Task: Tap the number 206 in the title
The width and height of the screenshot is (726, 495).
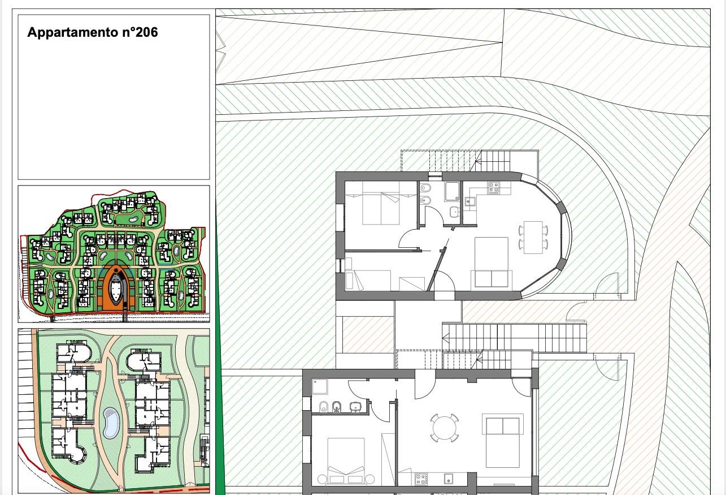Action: coord(146,32)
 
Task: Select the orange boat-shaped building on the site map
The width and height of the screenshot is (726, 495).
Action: coord(116,288)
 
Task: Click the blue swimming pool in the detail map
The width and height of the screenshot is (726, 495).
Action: coord(111,423)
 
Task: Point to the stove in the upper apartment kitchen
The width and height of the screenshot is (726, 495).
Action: coord(494,188)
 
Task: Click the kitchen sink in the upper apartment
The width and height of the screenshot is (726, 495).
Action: coord(469,202)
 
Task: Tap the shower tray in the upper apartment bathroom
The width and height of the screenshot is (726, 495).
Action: coord(453,191)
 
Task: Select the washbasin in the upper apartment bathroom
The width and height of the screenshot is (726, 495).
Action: coord(454,213)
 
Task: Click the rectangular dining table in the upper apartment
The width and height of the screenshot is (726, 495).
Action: coord(533,237)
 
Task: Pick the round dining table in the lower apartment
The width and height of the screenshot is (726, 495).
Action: coord(444,428)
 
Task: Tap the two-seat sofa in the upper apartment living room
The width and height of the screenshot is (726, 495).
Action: coord(492,279)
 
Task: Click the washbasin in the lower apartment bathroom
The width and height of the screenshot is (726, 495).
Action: coord(356,407)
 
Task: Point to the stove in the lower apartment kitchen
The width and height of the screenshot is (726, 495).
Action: coord(421,479)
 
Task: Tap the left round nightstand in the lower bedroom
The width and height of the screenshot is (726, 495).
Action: coord(322,479)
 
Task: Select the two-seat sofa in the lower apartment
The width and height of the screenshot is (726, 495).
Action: coord(503,425)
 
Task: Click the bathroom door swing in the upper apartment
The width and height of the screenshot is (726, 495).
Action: coord(434,214)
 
